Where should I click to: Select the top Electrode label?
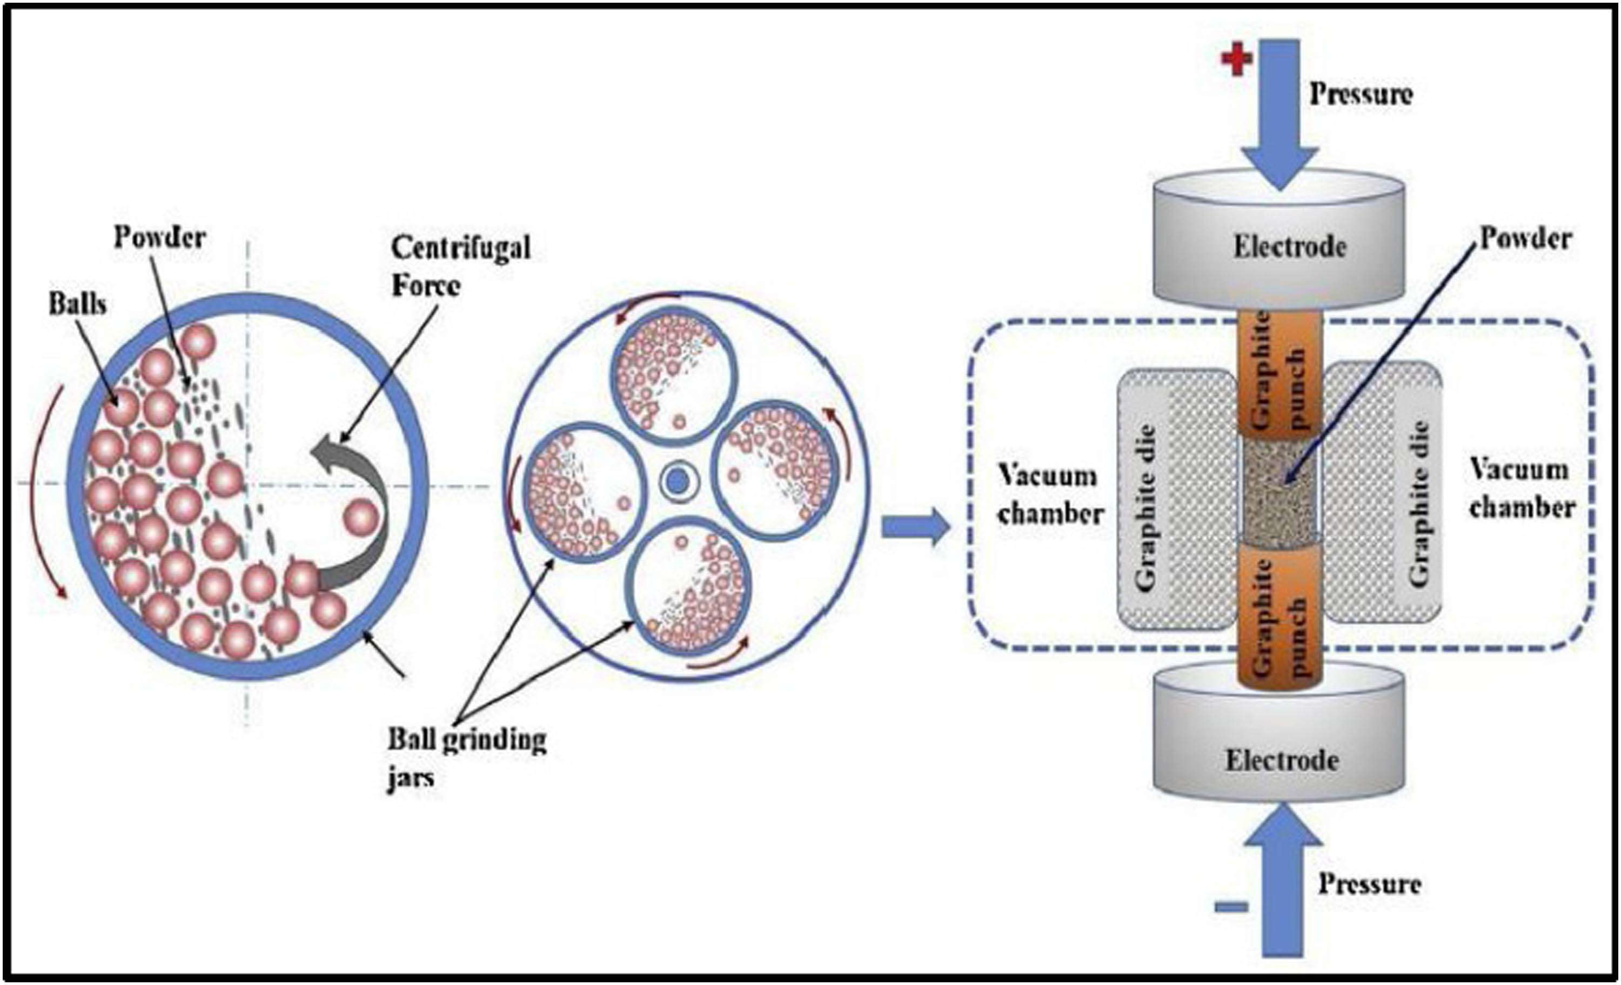tap(1289, 247)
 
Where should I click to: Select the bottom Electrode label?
tap(1282, 761)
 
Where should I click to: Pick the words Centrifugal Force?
tap(460, 267)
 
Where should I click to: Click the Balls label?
tap(78, 304)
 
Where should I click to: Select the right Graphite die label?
tap(1419, 504)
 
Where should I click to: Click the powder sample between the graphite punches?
tap(1280, 490)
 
